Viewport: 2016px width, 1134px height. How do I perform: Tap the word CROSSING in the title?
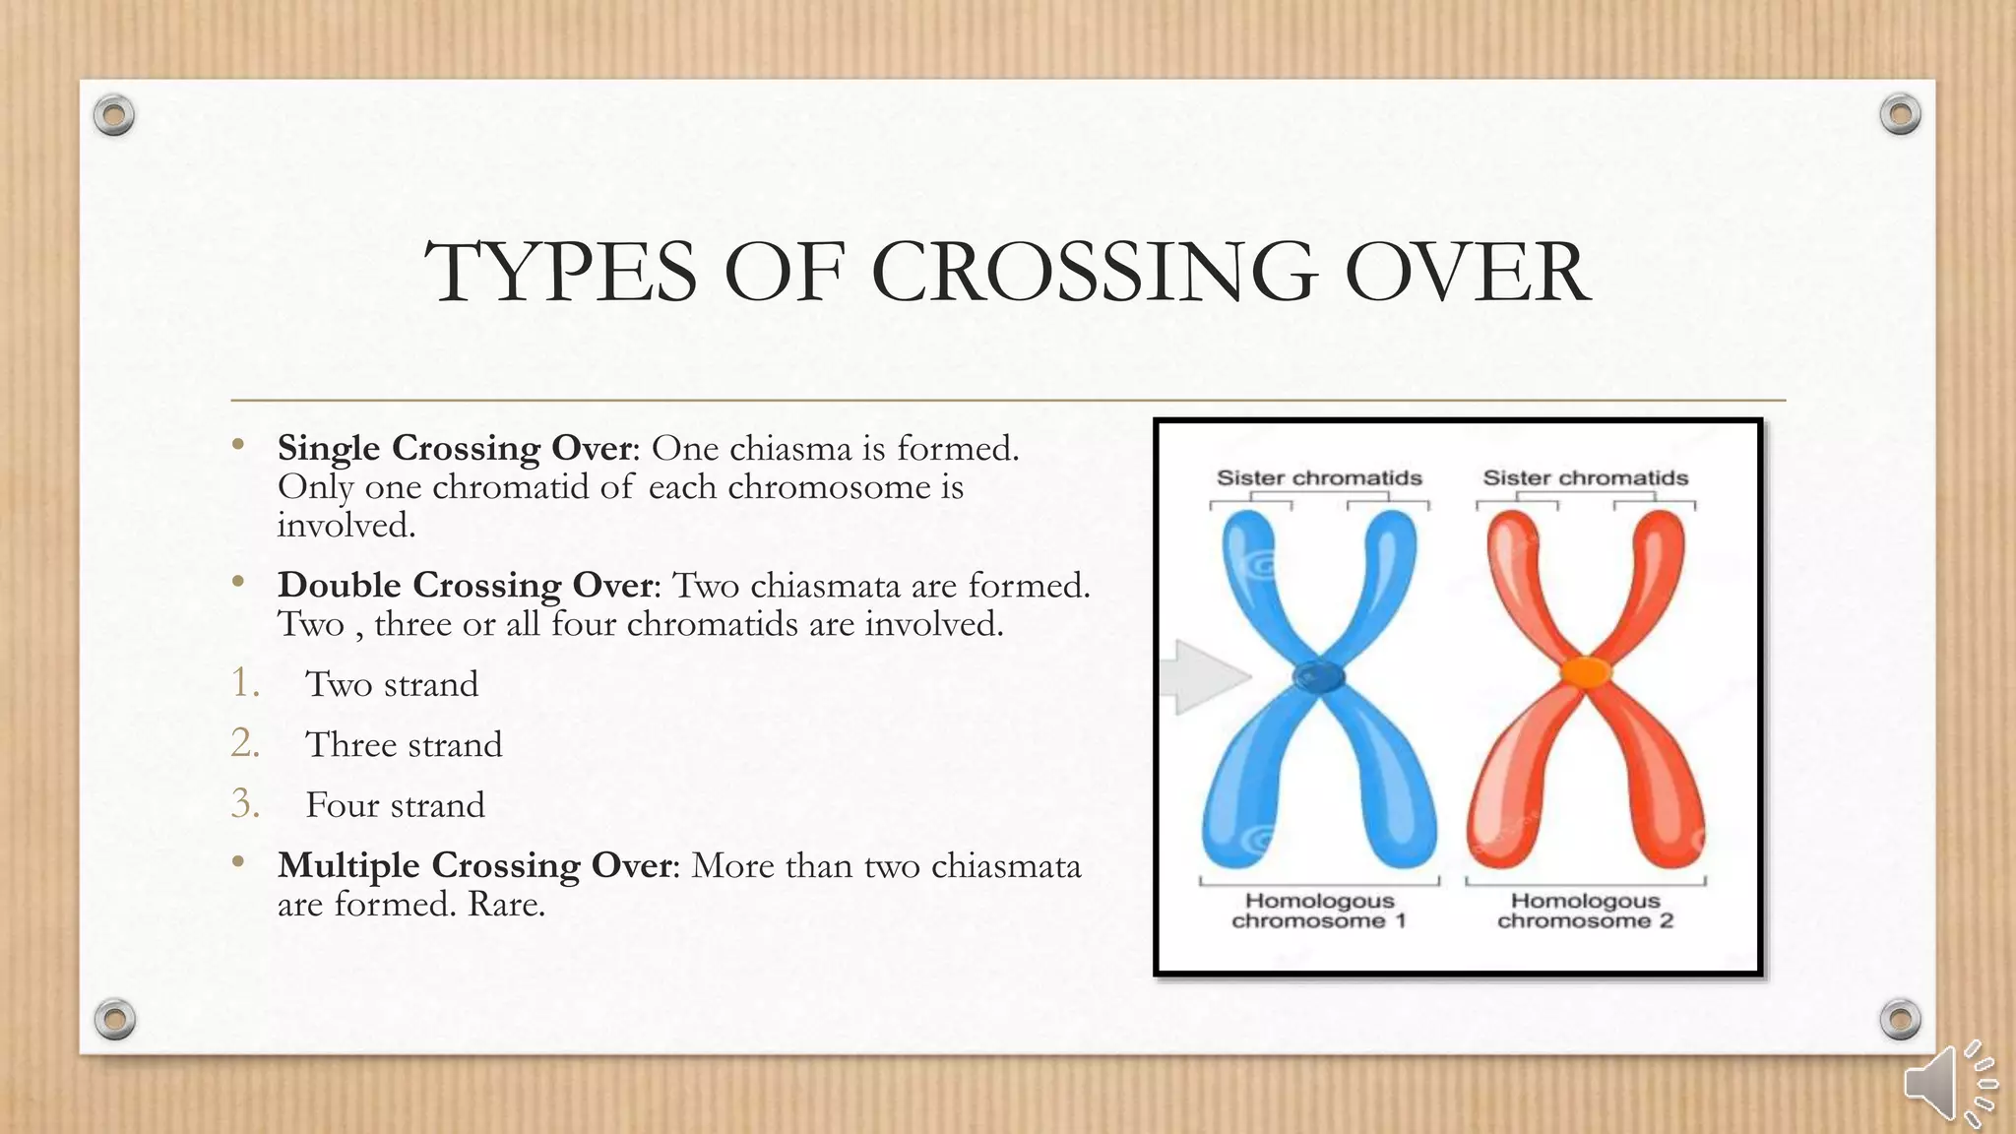tap(1094, 273)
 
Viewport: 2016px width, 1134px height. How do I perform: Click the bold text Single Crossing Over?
tap(454, 448)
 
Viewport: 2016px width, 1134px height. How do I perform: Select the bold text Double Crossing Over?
tap(466, 585)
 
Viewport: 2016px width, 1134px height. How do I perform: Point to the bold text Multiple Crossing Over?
tap(475, 865)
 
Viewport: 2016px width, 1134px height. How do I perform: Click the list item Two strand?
tap(392, 684)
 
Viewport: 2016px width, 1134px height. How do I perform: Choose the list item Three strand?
tap(404, 744)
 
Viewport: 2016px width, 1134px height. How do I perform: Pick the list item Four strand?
tap(395, 805)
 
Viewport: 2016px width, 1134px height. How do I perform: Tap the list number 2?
tap(244, 743)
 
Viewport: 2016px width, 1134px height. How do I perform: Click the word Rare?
tap(506, 904)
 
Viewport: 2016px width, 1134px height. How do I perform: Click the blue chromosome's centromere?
tap(1318, 676)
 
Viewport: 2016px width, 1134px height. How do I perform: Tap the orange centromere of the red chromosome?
tap(1585, 672)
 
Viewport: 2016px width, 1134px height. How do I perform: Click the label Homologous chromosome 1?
tap(1319, 911)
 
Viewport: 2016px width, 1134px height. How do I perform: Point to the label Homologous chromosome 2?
tap(1585, 911)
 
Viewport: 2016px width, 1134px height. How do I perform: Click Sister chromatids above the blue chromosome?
tap(1319, 478)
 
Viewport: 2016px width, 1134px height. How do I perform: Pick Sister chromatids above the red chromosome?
tap(1585, 478)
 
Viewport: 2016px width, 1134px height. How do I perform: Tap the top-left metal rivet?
tap(114, 116)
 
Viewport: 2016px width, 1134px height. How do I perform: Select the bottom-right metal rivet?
tap(1900, 1019)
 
